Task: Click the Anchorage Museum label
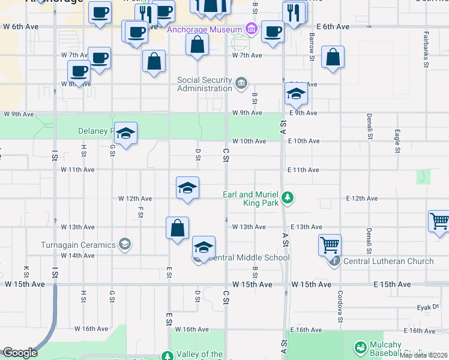[204, 29]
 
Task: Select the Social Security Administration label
[204, 84]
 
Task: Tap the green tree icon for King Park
[288, 197]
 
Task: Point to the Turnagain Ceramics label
[78, 244]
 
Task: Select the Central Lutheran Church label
[388, 261]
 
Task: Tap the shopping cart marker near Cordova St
[330, 245]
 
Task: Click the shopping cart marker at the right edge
[439, 221]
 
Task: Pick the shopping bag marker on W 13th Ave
[178, 228]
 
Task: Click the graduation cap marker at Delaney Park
[126, 133]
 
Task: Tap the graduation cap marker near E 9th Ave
[296, 94]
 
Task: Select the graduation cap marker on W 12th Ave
[187, 188]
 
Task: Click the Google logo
[20, 353]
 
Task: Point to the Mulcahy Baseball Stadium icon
[360, 348]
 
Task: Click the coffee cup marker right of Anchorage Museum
[273, 32]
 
